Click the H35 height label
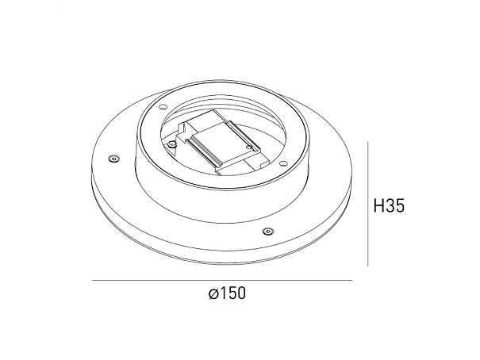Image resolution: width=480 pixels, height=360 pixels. pyautogui.click(x=389, y=205)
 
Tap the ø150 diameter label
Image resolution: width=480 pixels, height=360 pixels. pyautogui.click(x=227, y=293)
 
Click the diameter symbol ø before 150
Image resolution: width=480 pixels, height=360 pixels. pyautogui.click(x=213, y=294)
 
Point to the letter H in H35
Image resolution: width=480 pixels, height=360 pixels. pyautogui.click(x=378, y=205)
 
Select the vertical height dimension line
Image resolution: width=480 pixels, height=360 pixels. pyautogui.click(x=367, y=204)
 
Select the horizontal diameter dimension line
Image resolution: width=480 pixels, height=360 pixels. pyautogui.click(x=223, y=280)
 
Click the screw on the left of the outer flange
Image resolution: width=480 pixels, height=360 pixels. pyautogui.click(x=114, y=159)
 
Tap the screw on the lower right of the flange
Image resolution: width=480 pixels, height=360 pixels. pyautogui.click(x=268, y=231)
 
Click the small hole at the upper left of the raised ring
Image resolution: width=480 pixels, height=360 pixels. pyautogui.click(x=163, y=107)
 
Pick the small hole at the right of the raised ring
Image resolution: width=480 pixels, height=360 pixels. pyautogui.click(x=282, y=163)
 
